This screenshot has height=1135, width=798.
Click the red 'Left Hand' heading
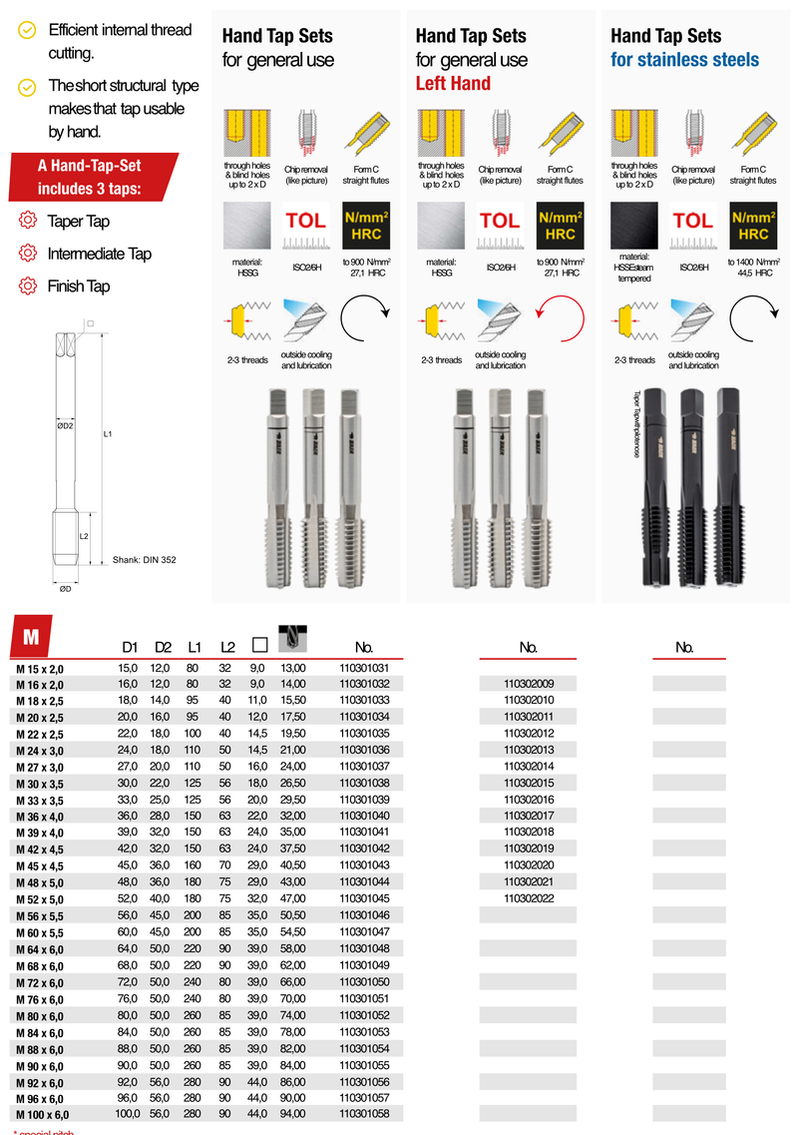pyautogui.click(x=453, y=84)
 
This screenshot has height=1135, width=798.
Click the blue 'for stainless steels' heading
pyautogui.click(x=684, y=60)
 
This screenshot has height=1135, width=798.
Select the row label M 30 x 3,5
pyautogui.click(x=40, y=783)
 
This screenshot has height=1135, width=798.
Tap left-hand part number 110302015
pyautogui.click(x=529, y=783)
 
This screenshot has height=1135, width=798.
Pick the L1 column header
pyautogui.click(x=195, y=648)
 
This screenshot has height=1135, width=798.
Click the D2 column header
pyautogui.click(x=163, y=648)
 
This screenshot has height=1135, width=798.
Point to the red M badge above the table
pyautogui.click(x=33, y=636)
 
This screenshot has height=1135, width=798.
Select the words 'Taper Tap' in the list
pyautogui.click(x=78, y=222)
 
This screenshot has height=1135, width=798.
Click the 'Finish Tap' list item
pyautogui.click(x=78, y=286)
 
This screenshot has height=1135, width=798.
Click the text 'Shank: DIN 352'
pyautogui.click(x=144, y=560)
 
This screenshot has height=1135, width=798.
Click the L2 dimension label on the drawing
pyautogui.click(x=85, y=536)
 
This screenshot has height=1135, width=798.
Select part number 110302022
pyautogui.click(x=529, y=898)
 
